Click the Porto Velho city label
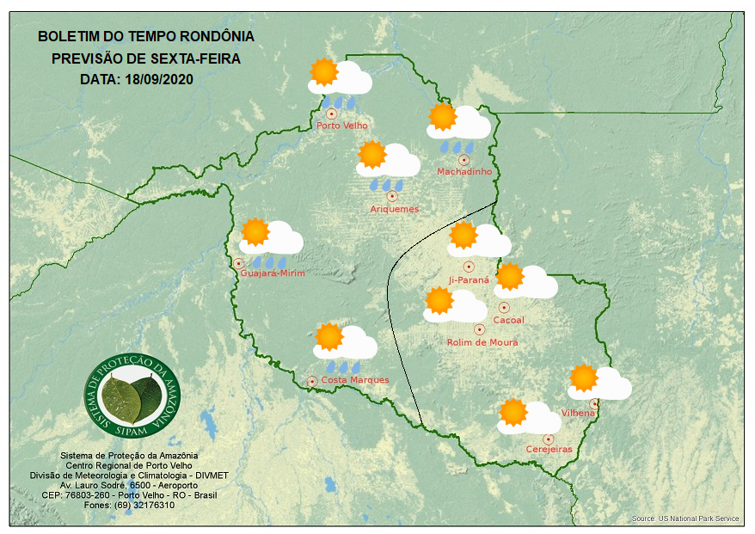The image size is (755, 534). [x=342, y=126]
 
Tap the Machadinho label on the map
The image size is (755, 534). [x=464, y=172]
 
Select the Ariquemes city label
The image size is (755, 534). [x=395, y=209]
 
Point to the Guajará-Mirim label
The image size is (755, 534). [x=273, y=273]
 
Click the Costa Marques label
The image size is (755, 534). [x=355, y=380]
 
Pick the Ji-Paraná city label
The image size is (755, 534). [x=469, y=279]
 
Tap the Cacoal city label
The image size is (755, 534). [x=508, y=320]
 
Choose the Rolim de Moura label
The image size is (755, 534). [x=482, y=342]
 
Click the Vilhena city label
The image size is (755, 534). [x=578, y=413]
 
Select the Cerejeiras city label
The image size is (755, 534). [x=549, y=449]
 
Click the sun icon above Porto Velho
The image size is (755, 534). [x=323, y=72]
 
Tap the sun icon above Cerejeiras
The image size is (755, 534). [x=513, y=412]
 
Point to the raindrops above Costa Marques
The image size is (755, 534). [x=342, y=367]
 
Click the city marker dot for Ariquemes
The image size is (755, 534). [x=392, y=196]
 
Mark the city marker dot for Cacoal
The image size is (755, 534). [x=504, y=307]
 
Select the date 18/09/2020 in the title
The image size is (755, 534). [x=159, y=79]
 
